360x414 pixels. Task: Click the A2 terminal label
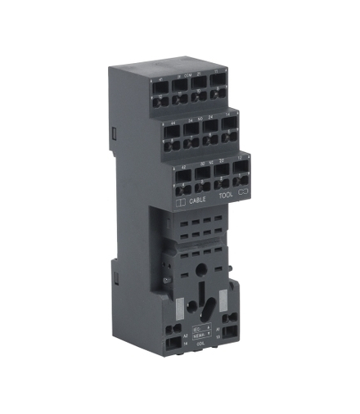(185, 336)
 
